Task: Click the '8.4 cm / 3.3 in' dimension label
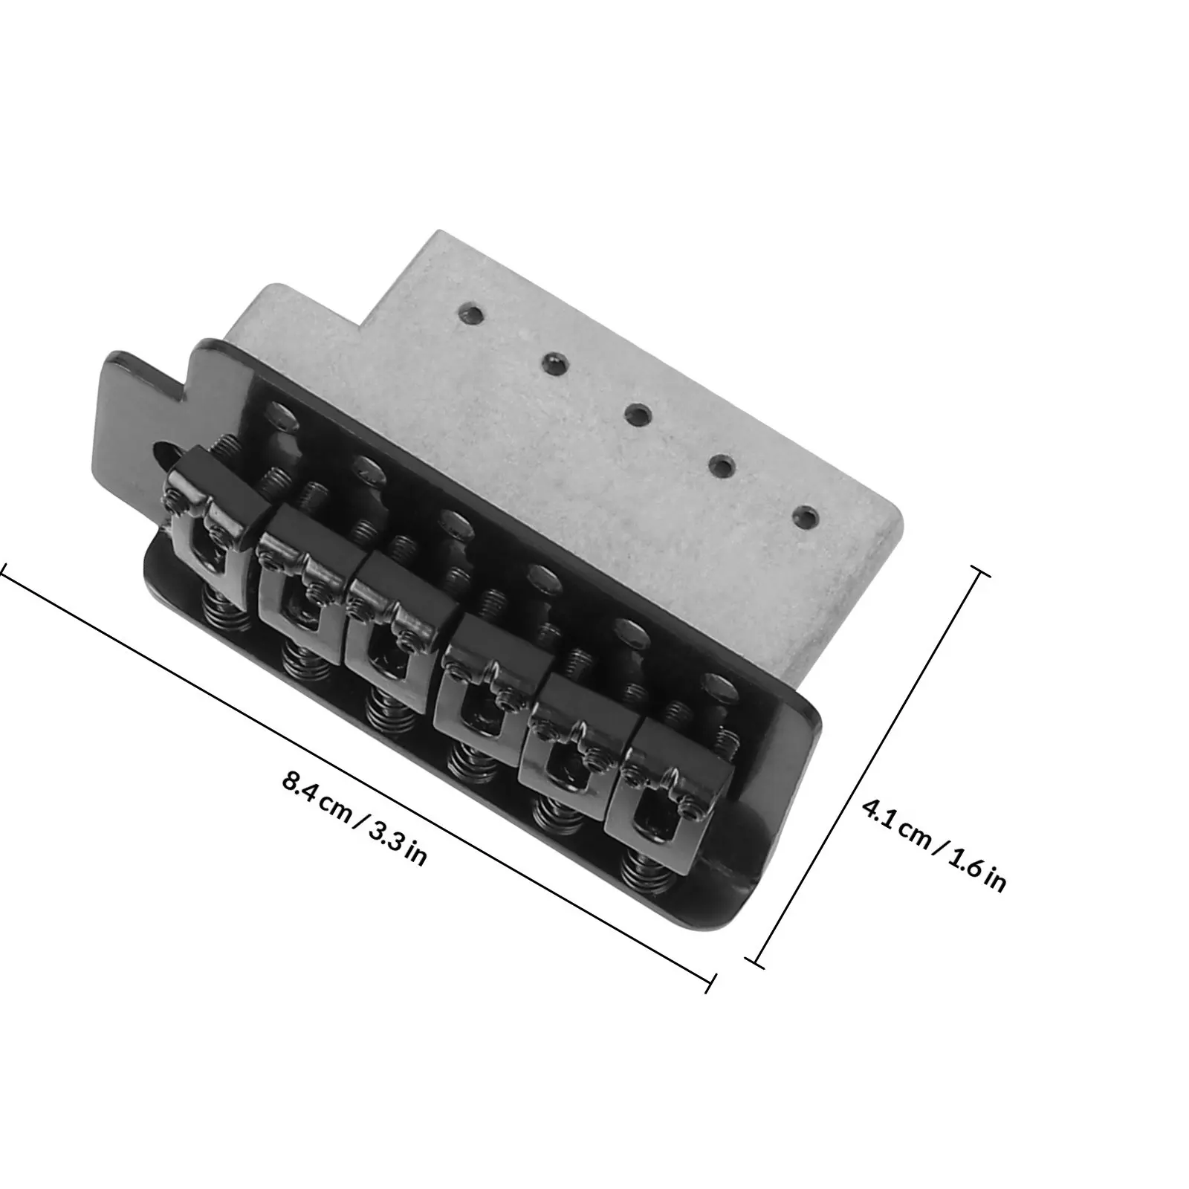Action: point(354,820)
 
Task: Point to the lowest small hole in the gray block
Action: point(805,514)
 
